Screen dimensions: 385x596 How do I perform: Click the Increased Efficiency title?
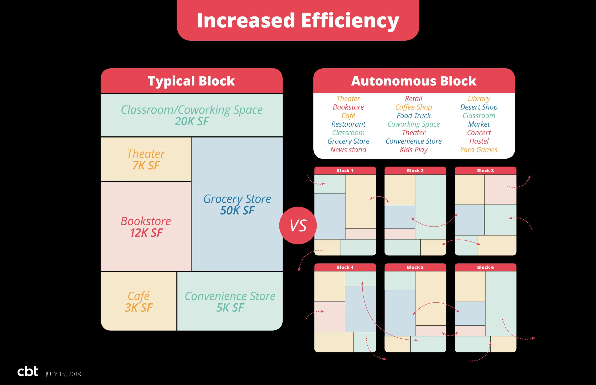point(298,20)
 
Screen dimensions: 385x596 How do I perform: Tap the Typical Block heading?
point(191,81)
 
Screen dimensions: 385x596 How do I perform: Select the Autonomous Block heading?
point(414,81)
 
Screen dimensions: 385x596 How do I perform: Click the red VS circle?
point(298,226)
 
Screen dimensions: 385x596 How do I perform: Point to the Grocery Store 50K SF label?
point(237,204)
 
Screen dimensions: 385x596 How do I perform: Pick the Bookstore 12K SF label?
point(146,227)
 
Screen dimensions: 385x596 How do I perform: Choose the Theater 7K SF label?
point(146,159)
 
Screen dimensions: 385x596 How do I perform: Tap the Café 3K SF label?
point(139,302)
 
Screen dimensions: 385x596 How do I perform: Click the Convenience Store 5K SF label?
point(230,302)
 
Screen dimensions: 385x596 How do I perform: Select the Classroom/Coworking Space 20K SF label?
point(192,115)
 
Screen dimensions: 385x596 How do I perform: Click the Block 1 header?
point(345,171)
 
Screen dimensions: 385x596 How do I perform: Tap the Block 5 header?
point(415,267)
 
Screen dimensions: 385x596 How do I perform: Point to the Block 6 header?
point(485,267)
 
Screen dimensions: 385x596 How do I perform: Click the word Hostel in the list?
point(479,141)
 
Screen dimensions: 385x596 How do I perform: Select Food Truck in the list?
point(413,115)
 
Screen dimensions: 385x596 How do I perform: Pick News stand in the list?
point(348,150)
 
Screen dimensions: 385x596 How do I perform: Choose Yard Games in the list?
point(479,150)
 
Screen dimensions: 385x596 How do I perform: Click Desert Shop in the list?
point(479,107)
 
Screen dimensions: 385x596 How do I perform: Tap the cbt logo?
point(28,371)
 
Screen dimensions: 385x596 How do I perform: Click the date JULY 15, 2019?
point(63,374)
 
